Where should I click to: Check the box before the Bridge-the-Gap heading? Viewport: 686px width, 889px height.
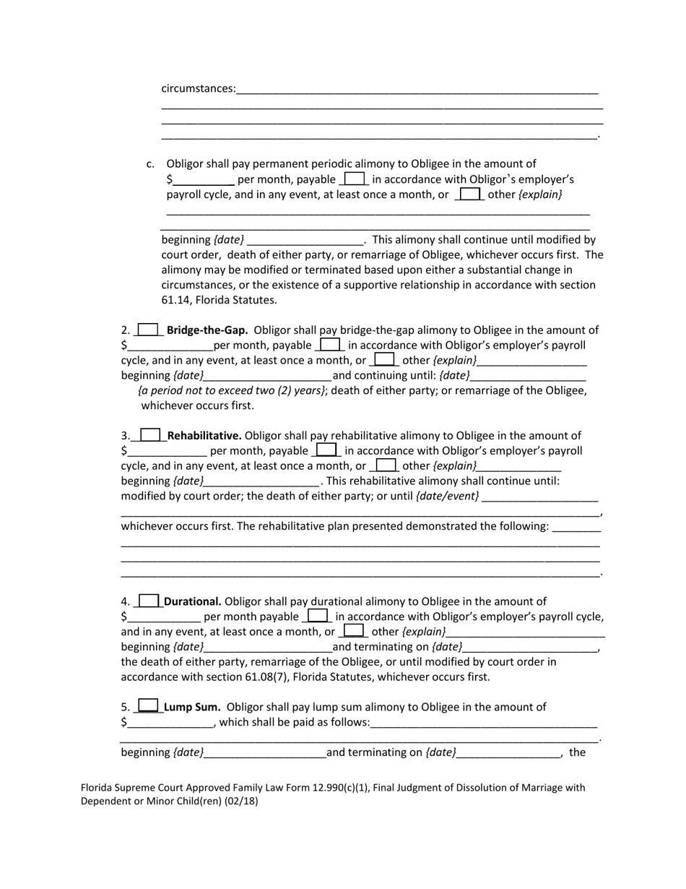[148, 330]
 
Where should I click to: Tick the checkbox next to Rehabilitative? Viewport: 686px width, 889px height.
[150, 435]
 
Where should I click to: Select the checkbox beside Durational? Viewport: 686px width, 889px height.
[149, 601]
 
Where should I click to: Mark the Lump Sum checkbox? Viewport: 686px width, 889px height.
[148, 706]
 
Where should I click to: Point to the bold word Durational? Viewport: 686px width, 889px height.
[193, 601]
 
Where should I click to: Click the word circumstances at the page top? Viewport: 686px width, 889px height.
[198, 89]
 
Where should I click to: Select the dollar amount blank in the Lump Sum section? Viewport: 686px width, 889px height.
[170, 722]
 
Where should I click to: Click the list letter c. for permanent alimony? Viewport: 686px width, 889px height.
[150, 164]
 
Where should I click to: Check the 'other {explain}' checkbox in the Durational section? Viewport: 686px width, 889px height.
[354, 631]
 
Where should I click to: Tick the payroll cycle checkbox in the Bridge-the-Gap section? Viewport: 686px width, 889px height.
[330, 345]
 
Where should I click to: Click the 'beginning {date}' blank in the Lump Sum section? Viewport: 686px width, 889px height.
[264, 752]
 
